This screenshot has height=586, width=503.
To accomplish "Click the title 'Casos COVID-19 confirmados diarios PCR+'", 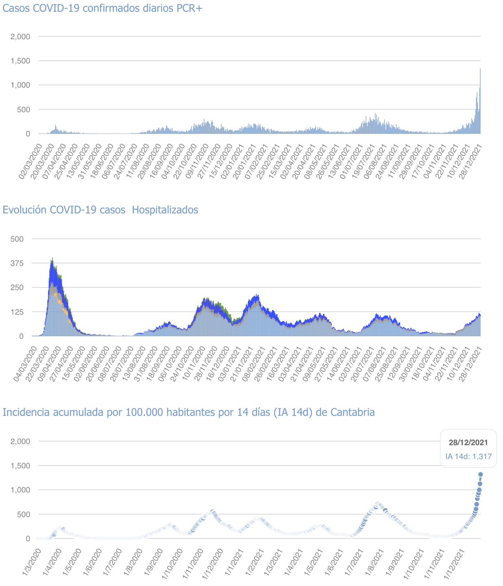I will [x=103, y=8].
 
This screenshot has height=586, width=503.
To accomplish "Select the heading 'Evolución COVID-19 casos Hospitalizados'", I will [x=101, y=210].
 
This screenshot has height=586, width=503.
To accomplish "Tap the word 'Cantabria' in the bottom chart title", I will [x=352, y=413].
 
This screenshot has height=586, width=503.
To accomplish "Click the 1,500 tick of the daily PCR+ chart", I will [x=21, y=61].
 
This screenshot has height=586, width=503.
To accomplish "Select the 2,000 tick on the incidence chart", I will [x=21, y=442].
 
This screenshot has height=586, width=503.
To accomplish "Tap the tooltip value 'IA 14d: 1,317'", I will [x=468, y=457].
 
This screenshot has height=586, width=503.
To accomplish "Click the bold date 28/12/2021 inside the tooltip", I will [x=468, y=443].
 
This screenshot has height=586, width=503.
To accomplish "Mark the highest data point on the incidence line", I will [x=481, y=474].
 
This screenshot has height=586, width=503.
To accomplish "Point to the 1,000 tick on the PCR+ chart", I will [x=21, y=85].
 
